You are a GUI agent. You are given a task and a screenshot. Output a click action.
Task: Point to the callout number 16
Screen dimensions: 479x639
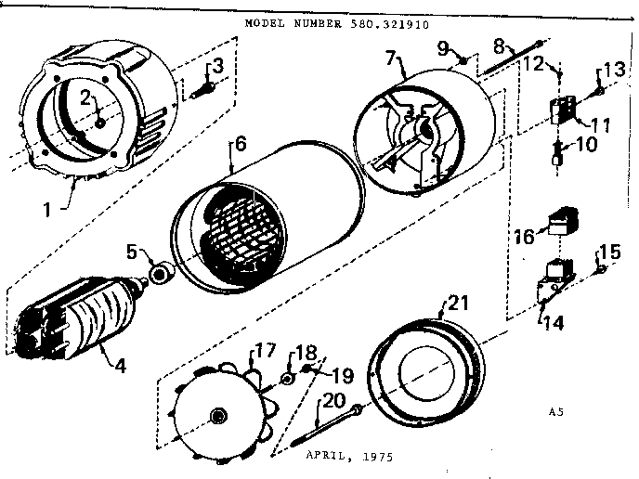(x=523, y=238)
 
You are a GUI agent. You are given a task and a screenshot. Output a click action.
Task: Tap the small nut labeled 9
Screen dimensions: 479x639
(x=461, y=63)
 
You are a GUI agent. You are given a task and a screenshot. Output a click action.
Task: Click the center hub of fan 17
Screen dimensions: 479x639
(x=219, y=414)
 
